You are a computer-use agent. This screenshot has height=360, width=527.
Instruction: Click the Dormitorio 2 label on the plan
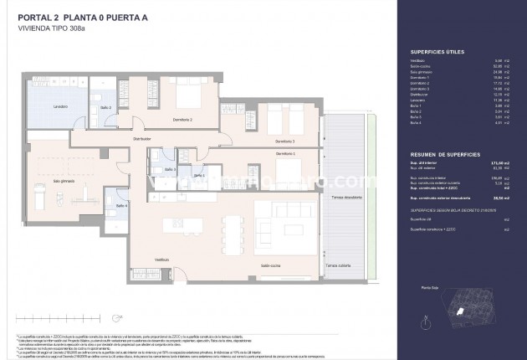click(x=180, y=121)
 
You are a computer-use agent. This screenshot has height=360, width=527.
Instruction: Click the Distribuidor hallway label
click(x=141, y=138)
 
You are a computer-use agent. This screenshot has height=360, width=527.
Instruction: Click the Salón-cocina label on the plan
click(x=270, y=265)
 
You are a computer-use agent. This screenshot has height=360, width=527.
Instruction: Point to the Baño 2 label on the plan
click(x=106, y=108)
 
